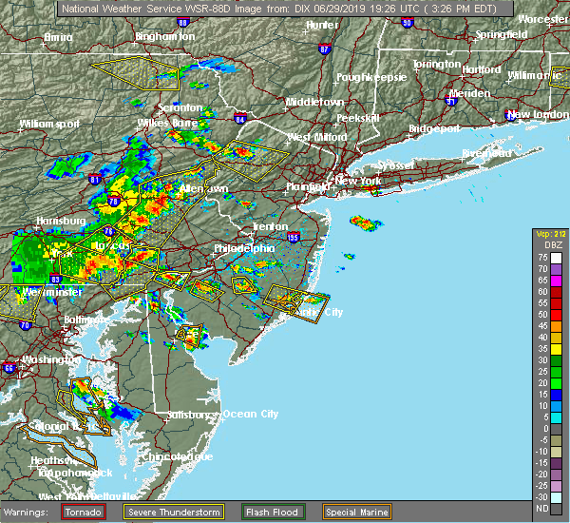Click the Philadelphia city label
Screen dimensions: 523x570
[x=244, y=248]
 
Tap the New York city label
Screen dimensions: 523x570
[x=359, y=181]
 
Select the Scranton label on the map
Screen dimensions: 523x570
[x=180, y=108]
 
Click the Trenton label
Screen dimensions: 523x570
[x=270, y=226]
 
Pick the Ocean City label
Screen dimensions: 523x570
[x=250, y=414]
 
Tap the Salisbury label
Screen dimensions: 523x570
[x=193, y=415]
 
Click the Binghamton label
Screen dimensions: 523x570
[x=164, y=36]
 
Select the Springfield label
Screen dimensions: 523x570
[x=503, y=34]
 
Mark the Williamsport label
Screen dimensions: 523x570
[x=48, y=124]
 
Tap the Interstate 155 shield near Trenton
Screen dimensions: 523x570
[x=293, y=237]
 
